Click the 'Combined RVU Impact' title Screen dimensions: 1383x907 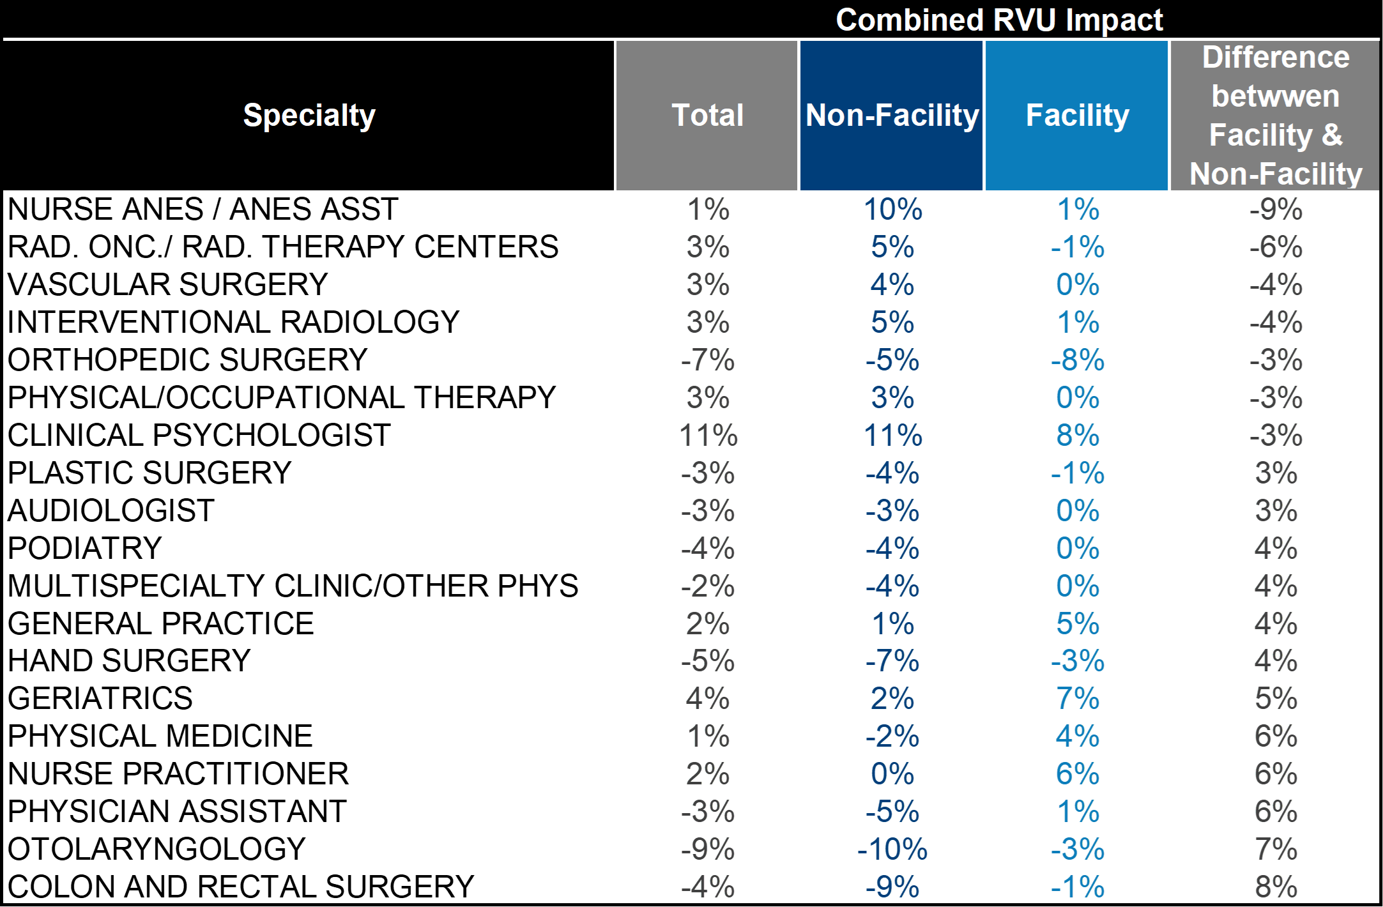coord(999,20)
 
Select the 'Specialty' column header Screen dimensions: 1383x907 coord(309,116)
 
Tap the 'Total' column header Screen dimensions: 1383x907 coord(708,116)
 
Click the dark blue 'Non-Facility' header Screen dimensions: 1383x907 coord(892,116)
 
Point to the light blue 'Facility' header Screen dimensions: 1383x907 coord(1078,116)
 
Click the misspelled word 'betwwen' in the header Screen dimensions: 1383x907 coord(1276,96)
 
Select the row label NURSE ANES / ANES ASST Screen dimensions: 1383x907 coord(203,210)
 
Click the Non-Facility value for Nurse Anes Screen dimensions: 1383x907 coord(892,210)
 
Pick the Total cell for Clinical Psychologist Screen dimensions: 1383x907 coord(708,436)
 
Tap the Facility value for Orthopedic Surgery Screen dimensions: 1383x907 coord(1078,360)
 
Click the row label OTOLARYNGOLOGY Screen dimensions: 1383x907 coord(157,849)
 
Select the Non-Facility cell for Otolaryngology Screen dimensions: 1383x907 coord(892,850)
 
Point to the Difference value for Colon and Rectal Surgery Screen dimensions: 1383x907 coord(1276,887)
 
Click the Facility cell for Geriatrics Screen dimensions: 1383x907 coord(1078,699)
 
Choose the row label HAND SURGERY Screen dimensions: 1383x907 coord(129,660)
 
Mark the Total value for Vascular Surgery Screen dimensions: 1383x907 coord(708,285)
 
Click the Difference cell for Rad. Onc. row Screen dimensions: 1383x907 coord(1276,247)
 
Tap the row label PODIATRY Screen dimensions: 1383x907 coord(85,548)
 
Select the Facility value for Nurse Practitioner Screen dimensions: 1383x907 coord(1078,774)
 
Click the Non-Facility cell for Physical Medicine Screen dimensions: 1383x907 coord(892,736)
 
